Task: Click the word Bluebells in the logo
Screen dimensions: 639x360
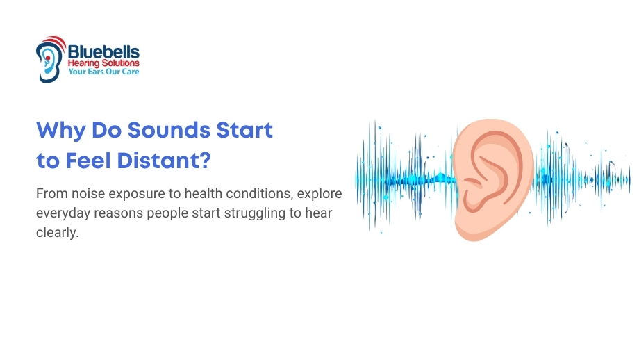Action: coord(103,52)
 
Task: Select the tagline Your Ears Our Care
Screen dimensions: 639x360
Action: coord(103,72)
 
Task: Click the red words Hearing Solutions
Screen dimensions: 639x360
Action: coord(103,63)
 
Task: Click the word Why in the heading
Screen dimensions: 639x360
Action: coord(61,131)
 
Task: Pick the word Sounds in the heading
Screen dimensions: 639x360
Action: coord(169,131)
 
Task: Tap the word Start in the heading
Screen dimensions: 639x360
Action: coord(244,131)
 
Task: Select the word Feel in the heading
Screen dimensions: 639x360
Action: coord(88,161)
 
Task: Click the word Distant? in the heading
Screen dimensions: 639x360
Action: coord(164,161)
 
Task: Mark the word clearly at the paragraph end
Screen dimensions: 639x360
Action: coord(57,232)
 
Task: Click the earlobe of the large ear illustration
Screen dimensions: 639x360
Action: coord(471,229)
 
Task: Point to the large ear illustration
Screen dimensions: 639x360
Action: coord(493,179)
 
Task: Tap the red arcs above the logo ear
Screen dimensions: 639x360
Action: coord(58,41)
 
